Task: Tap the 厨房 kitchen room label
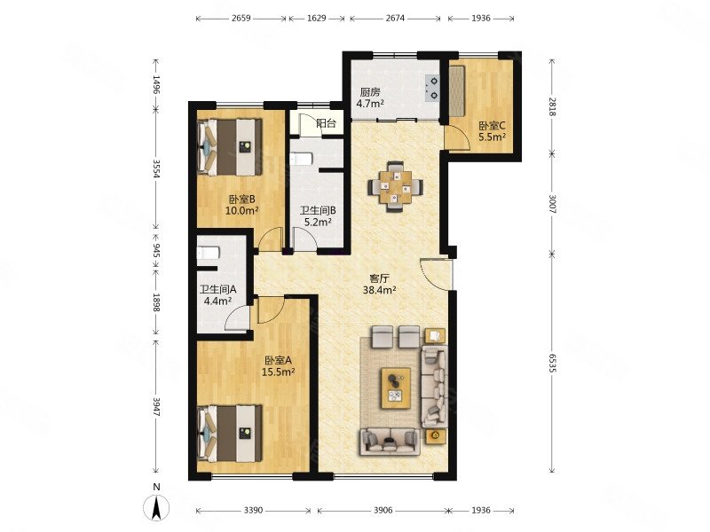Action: pos(370,92)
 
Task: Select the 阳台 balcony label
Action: pos(326,123)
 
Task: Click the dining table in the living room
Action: pos(396,186)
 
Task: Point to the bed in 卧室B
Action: pos(230,147)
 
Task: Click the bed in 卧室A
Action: pos(230,433)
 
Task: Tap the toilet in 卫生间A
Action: pos(209,253)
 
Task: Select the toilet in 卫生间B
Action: pos(301,160)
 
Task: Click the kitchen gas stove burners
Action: pos(432,88)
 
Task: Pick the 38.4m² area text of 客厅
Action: pos(380,291)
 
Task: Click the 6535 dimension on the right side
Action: pos(551,363)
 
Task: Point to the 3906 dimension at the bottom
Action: pos(383,511)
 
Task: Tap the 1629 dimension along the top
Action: pos(317,19)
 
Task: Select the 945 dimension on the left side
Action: pos(156,250)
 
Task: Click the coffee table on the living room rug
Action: pos(396,387)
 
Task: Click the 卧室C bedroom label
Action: pos(493,125)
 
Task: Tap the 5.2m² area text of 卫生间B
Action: pos(318,223)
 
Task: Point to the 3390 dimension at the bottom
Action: pos(253,511)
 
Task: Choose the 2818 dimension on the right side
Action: pos(551,106)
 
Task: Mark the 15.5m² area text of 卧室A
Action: pos(279,372)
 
